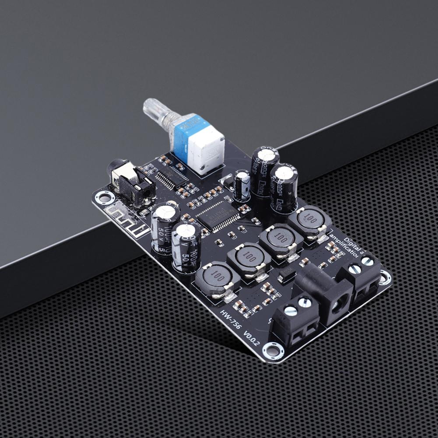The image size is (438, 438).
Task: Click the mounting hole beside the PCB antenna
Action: point(105,197)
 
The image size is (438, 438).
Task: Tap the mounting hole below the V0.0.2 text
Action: point(273,350)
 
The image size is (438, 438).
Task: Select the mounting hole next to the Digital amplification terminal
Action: point(385,277)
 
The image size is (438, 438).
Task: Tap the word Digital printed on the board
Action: point(353,242)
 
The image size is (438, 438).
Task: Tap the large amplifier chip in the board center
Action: point(217,215)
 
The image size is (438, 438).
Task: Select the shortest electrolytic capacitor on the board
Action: point(242,184)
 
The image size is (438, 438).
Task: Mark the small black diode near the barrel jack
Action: point(287,276)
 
